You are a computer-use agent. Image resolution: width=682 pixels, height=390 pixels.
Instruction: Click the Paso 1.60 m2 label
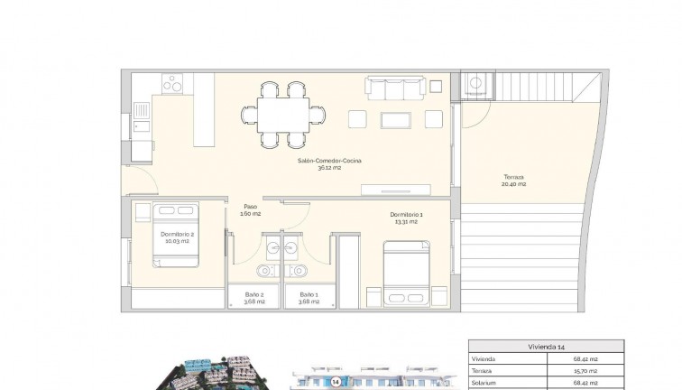click(250, 210)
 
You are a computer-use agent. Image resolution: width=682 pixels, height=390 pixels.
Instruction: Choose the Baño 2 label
click(254, 298)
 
